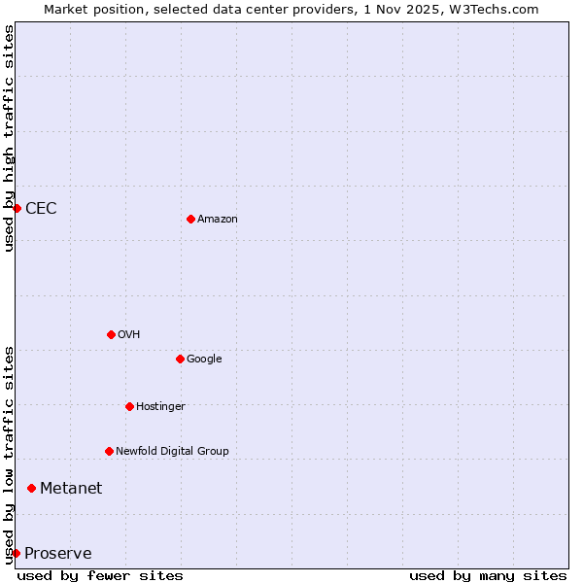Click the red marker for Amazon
(x=190, y=219)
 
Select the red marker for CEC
(x=17, y=208)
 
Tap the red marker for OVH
(x=111, y=334)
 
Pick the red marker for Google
(x=180, y=359)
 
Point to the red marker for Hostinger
(x=129, y=406)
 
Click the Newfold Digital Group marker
(x=109, y=451)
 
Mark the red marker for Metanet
(x=31, y=488)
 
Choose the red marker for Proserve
(x=16, y=553)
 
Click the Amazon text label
(x=218, y=220)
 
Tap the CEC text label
(x=41, y=209)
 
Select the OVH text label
(x=129, y=335)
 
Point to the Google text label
(x=204, y=360)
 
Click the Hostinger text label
(x=160, y=407)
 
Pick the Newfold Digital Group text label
(x=172, y=452)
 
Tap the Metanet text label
(x=71, y=489)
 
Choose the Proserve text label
(x=58, y=554)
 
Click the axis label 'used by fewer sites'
(x=100, y=575)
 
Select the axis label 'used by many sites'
(x=488, y=575)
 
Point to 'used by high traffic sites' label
(x=9, y=138)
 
